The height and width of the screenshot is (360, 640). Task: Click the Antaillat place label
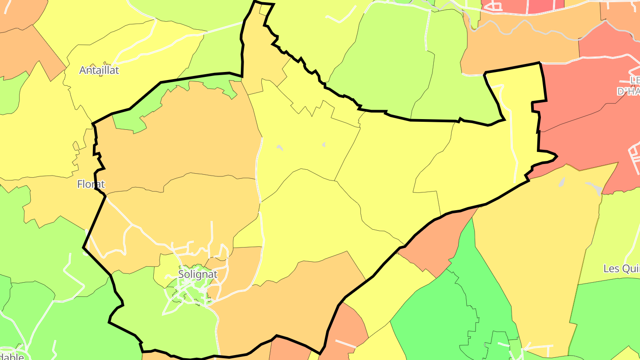point(99,70)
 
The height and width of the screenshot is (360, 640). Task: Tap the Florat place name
point(91,184)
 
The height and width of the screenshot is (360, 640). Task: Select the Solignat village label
point(198,274)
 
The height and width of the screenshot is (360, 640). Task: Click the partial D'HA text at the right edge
point(628,92)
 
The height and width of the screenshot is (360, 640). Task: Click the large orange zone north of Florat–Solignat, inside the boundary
point(178,133)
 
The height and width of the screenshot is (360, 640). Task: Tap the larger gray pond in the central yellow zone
point(280,148)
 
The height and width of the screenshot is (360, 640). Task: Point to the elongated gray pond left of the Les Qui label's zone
point(562,182)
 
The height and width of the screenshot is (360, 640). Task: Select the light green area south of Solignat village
point(178,329)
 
